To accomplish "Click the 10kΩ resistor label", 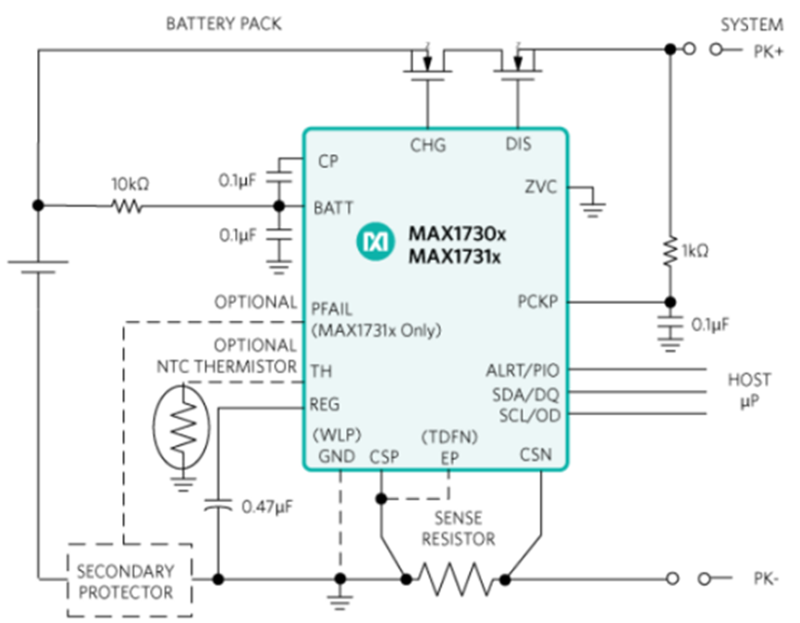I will tap(129, 183).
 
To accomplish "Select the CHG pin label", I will tap(427, 144).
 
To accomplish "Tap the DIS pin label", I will tap(519, 144).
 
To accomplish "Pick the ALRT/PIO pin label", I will tap(523, 372).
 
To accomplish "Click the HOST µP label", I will tap(748, 389).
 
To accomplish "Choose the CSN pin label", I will tap(537, 454).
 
